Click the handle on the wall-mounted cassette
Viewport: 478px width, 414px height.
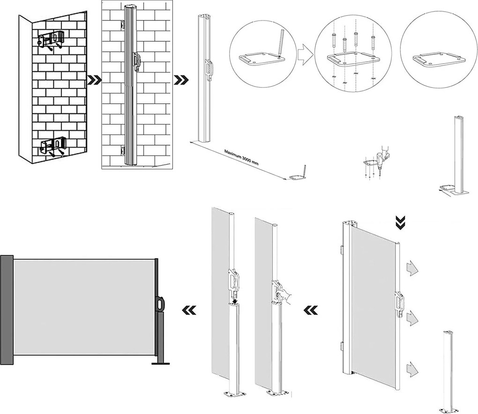(137, 62)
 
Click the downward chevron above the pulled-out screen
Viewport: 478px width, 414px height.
(400, 223)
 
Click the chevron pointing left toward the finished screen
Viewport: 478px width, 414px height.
(188, 309)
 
